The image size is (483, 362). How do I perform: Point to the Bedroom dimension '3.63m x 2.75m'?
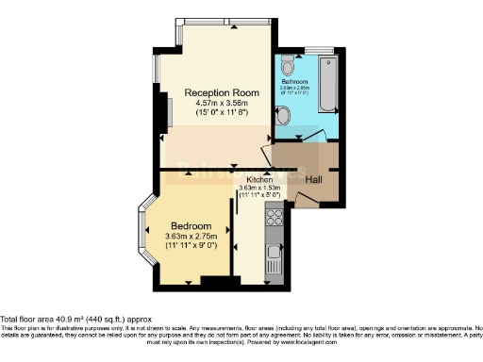point(192,235)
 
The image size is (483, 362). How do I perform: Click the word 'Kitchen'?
point(260,178)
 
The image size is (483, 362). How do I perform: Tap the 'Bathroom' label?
point(294,82)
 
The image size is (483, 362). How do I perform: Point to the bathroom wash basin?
point(283,116)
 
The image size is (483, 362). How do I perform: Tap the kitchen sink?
point(275,255)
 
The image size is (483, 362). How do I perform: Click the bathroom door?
point(315,137)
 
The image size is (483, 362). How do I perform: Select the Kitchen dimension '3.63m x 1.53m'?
point(260,188)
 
